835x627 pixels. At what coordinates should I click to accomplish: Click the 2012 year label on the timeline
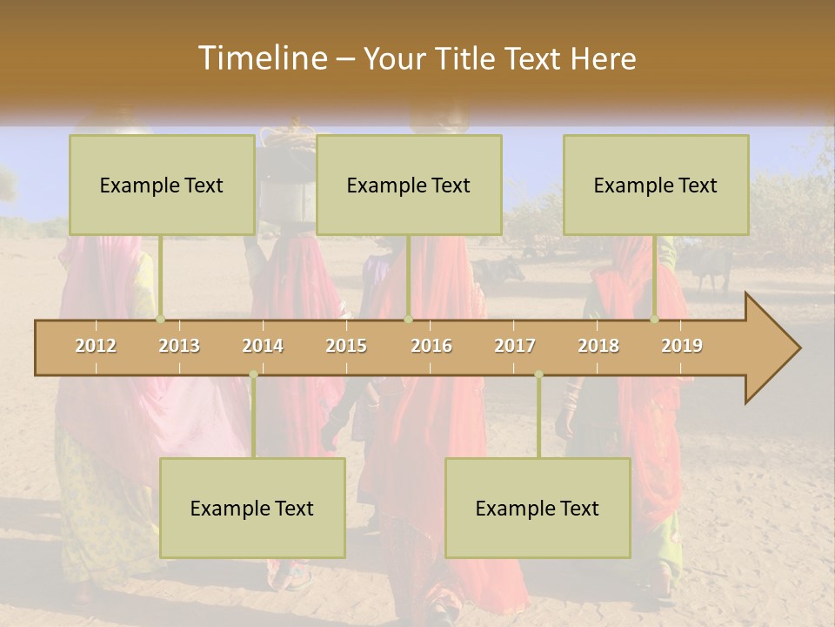tap(96, 346)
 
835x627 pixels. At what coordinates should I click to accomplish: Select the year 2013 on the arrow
tap(179, 346)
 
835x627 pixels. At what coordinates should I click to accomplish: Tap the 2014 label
tap(263, 346)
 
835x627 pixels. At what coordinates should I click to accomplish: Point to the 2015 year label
tap(346, 346)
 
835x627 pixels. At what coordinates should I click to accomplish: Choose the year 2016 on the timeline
tap(431, 346)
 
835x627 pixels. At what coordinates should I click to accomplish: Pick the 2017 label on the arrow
tap(515, 346)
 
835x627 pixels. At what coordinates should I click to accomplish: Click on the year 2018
tap(598, 346)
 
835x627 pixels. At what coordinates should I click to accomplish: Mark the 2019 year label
tap(682, 346)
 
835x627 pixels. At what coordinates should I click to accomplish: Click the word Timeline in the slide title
tap(261, 58)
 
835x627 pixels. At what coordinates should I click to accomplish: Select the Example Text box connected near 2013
tap(162, 185)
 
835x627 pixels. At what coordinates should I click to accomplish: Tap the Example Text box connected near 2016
tap(409, 185)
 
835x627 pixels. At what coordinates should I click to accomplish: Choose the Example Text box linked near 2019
tap(656, 185)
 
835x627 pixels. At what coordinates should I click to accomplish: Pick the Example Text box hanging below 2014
tap(252, 508)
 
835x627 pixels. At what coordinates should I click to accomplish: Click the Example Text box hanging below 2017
tap(538, 508)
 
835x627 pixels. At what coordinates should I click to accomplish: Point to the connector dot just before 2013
tap(161, 319)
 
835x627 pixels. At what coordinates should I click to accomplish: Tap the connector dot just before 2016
tap(408, 319)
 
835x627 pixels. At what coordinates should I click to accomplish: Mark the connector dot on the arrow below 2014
tap(253, 374)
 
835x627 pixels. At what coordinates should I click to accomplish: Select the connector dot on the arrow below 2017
tap(538, 374)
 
